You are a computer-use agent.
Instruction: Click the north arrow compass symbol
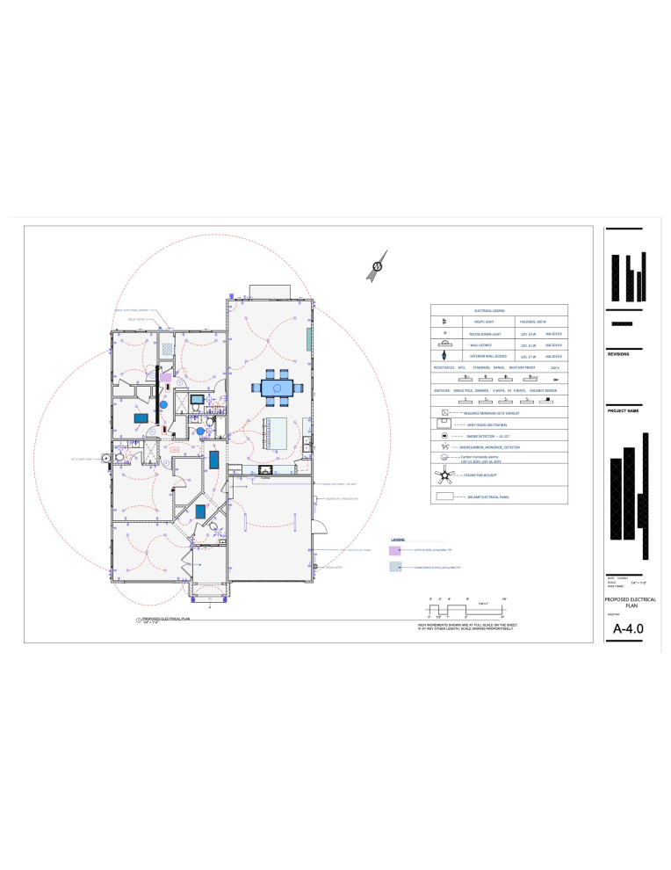click(x=379, y=265)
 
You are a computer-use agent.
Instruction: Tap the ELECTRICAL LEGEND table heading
click(x=499, y=310)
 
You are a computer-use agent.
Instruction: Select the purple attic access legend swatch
click(x=394, y=551)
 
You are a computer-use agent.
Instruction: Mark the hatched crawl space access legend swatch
click(x=394, y=568)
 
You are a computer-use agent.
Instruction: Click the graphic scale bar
click(x=465, y=609)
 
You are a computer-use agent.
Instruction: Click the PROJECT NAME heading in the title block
click(x=624, y=410)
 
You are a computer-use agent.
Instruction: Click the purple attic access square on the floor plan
click(x=164, y=378)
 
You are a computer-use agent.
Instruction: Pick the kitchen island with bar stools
click(x=278, y=431)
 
